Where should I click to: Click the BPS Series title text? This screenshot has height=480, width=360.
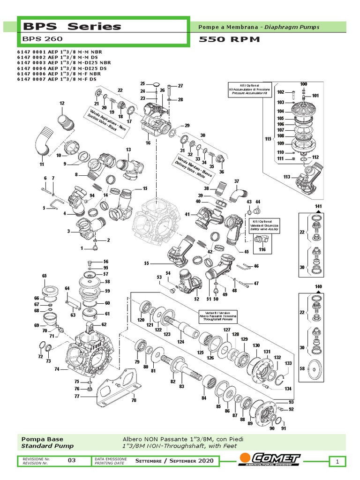[71, 26]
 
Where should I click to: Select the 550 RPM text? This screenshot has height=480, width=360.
[229, 39]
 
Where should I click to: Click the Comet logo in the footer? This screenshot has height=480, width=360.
[270, 459]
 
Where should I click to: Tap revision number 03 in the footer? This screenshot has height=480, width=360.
[72, 460]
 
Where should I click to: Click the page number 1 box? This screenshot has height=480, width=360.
[337, 462]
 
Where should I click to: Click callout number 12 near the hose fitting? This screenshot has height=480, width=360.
[62, 103]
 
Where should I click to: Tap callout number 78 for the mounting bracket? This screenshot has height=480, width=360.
[134, 400]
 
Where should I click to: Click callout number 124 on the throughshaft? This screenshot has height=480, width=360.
[180, 343]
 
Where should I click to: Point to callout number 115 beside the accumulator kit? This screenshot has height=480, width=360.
[268, 139]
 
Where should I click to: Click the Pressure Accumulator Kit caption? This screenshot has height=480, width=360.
[248, 94]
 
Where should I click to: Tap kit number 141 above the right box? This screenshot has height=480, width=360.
[319, 207]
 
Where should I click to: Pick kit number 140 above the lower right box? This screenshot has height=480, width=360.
[319, 286]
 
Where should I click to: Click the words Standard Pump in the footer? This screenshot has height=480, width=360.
[47, 446]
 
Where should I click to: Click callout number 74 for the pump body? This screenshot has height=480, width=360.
[57, 369]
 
